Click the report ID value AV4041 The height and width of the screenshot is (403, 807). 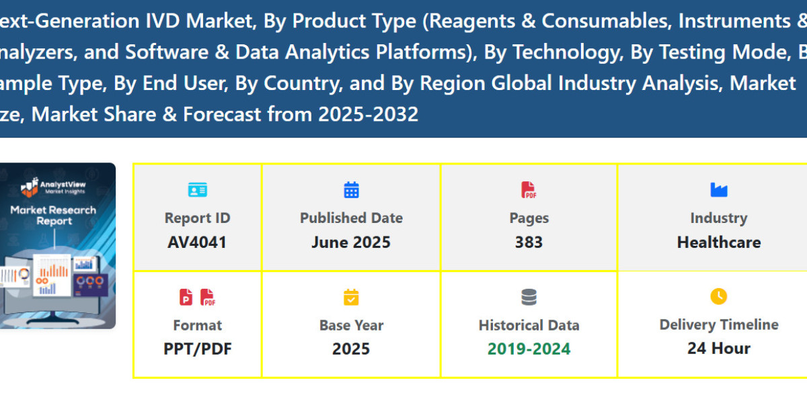click(197, 242)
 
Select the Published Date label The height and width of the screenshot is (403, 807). click(351, 218)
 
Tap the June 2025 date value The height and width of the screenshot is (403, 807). click(351, 242)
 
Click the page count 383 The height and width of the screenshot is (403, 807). click(529, 242)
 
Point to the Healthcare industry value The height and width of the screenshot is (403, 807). click(719, 242)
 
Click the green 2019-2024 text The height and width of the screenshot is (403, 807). click(529, 349)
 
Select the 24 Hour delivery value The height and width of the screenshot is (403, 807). click(719, 349)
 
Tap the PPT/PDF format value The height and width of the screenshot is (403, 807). click(197, 349)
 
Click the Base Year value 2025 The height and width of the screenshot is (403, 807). click(351, 349)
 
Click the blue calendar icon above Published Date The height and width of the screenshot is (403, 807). click(351, 190)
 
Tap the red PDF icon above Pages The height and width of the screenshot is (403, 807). click(529, 190)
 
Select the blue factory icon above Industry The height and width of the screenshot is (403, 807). click(719, 190)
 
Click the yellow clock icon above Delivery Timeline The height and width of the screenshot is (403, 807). click(719, 296)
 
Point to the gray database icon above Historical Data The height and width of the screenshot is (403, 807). click(529, 297)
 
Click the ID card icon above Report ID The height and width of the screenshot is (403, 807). click(197, 190)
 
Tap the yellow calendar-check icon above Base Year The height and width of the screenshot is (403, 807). click(351, 297)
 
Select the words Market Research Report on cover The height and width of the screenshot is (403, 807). click(52, 215)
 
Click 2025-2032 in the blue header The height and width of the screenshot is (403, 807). click(368, 114)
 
